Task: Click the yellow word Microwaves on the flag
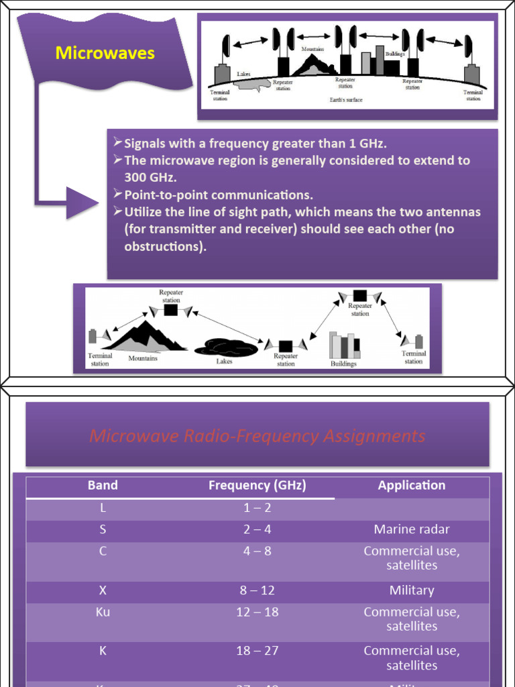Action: coord(105,53)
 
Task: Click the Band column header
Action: coord(103,485)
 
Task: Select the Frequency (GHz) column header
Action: coord(257,485)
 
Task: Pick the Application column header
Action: coord(411,485)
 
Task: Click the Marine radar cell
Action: coord(411,529)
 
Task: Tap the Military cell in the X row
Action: coord(411,590)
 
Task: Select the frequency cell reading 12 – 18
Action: coord(257,612)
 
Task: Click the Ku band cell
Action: coord(103,612)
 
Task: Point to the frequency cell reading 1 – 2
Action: coord(257,508)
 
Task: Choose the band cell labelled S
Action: coord(103,529)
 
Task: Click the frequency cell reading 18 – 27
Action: coord(257,651)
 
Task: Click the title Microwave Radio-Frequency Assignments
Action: coord(257,436)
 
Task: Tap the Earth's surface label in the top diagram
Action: coord(345,100)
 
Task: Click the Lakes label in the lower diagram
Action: coord(224,361)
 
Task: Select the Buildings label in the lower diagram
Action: coord(343,364)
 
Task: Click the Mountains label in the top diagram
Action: coord(312,50)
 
